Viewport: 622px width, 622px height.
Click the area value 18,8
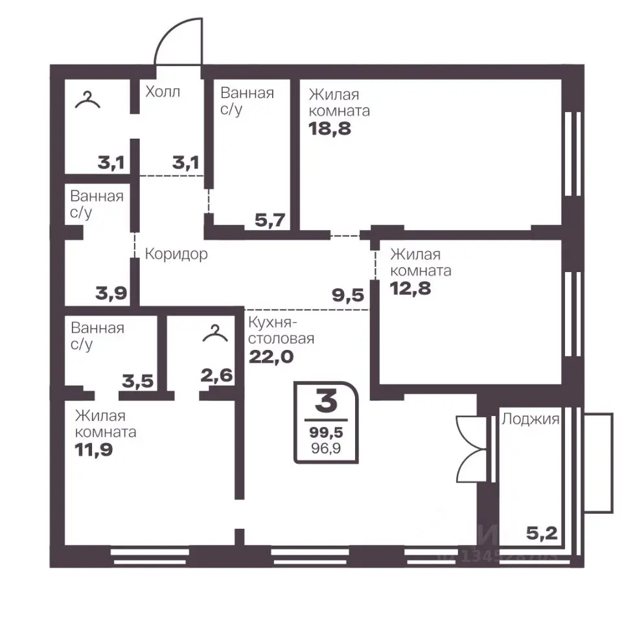click(330, 128)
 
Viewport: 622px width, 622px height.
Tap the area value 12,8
click(410, 288)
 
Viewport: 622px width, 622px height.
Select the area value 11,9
click(94, 450)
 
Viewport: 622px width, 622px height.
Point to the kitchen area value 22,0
click(271, 356)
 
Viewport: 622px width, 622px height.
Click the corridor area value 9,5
click(348, 295)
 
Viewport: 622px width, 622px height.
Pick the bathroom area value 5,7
click(270, 220)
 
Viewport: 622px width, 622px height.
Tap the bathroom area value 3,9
click(111, 293)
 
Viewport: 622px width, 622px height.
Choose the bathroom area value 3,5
click(137, 381)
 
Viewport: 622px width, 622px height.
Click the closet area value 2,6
click(216, 375)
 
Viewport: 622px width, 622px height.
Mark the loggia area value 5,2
click(542, 533)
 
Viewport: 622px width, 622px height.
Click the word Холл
click(163, 91)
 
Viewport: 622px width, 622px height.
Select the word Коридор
click(176, 254)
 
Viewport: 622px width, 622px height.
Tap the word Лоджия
click(531, 419)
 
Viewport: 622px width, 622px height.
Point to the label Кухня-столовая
click(281, 330)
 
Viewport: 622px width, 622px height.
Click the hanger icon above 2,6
click(215, 334)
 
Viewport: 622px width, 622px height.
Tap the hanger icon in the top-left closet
click(87, 100)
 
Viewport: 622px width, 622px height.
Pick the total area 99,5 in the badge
click(326, 432)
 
